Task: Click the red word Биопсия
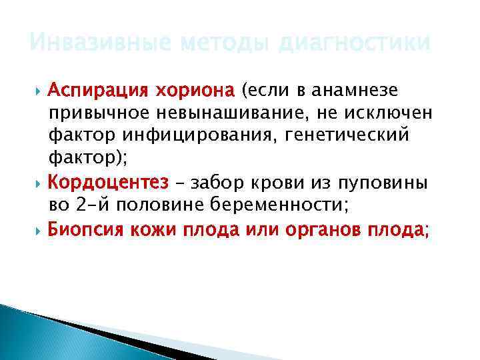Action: pos(86,229)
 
